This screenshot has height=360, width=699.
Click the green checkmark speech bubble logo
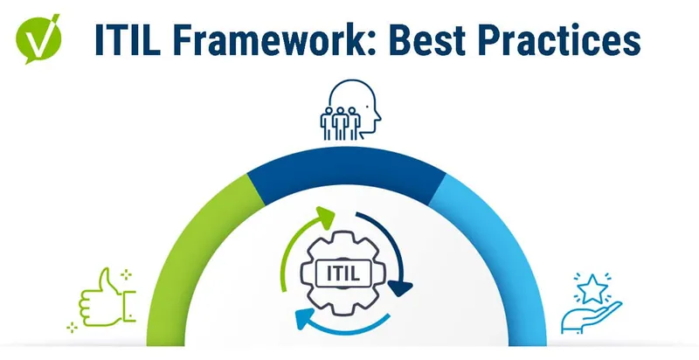click(x=38, y=39)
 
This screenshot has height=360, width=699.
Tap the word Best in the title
click(x=429, y=40)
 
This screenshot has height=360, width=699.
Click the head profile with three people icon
click(x=350, y=110)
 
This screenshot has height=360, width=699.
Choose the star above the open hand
click(x=592, y=287)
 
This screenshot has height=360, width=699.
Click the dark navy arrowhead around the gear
click(x=400, y=287)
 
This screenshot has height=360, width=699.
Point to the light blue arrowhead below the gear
click(x=304, y=319)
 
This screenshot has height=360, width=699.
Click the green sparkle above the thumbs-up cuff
click(x=127, y=274)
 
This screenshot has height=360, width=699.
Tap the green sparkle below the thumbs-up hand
click(x=72, y=328)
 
